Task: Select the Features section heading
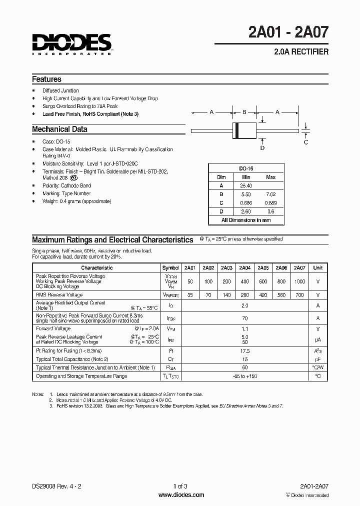(46, 79)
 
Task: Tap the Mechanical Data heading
(59, 129)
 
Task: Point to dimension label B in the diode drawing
(244, 112)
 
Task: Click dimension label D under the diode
(262, 147)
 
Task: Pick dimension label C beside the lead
(306, 141)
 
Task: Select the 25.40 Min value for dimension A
(245, 185)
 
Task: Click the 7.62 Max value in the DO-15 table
(270, 194)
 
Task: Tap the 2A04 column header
(245, 268)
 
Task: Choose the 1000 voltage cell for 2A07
(299, 281)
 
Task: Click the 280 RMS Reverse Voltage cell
(245, 295)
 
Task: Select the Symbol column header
(171, 268)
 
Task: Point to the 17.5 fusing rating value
(244, 351)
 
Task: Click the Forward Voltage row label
(53, 328)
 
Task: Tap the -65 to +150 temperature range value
(244, 376)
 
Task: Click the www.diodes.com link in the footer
(181, 495)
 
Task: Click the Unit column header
(317, 268)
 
